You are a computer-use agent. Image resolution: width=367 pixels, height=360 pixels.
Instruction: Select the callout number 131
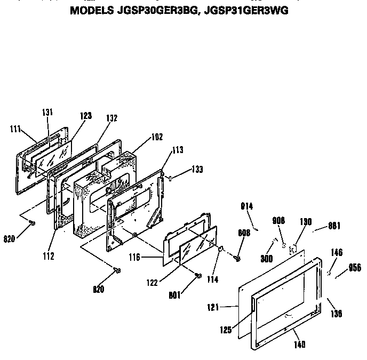[x=47, y=112]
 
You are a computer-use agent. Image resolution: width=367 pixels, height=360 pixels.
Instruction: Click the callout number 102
[x=142, y=137]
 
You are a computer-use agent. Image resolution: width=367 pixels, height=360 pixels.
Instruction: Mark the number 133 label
[x=196, y=170]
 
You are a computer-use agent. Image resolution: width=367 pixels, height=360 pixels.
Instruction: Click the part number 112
[x=49, y=256]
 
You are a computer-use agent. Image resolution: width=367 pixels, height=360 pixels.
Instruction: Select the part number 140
[x=300, y=345]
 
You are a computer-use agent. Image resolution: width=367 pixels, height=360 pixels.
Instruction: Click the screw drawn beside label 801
[x=198, y=276]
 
